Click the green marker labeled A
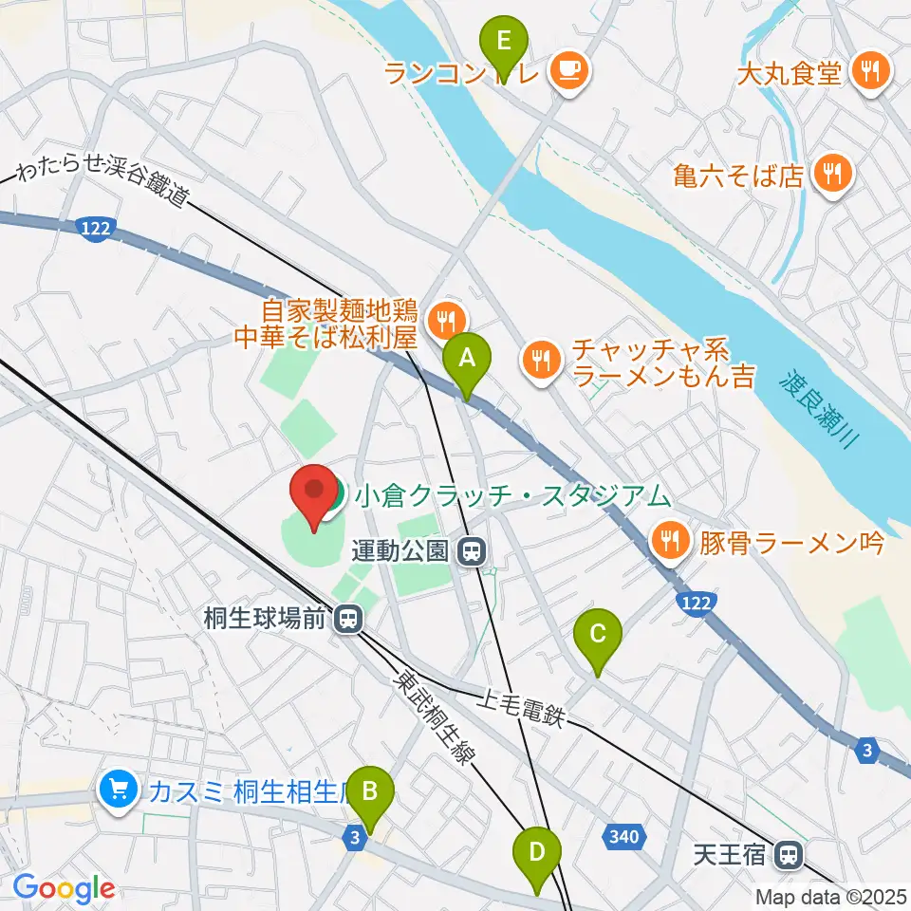coord(467,360)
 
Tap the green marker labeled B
coord(370,790)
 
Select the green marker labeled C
coord(598,633)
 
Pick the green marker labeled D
coord(537,851)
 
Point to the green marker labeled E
coord(504,43)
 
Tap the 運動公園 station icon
coord(469,550)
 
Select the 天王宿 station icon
coord(787,855)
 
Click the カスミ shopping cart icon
coord(119,789)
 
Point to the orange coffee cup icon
coord(568,69)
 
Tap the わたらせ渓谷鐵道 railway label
coord(104,187)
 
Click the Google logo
coord(64,889)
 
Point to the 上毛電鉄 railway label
coord(521,709)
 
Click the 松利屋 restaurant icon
coord(444,321)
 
